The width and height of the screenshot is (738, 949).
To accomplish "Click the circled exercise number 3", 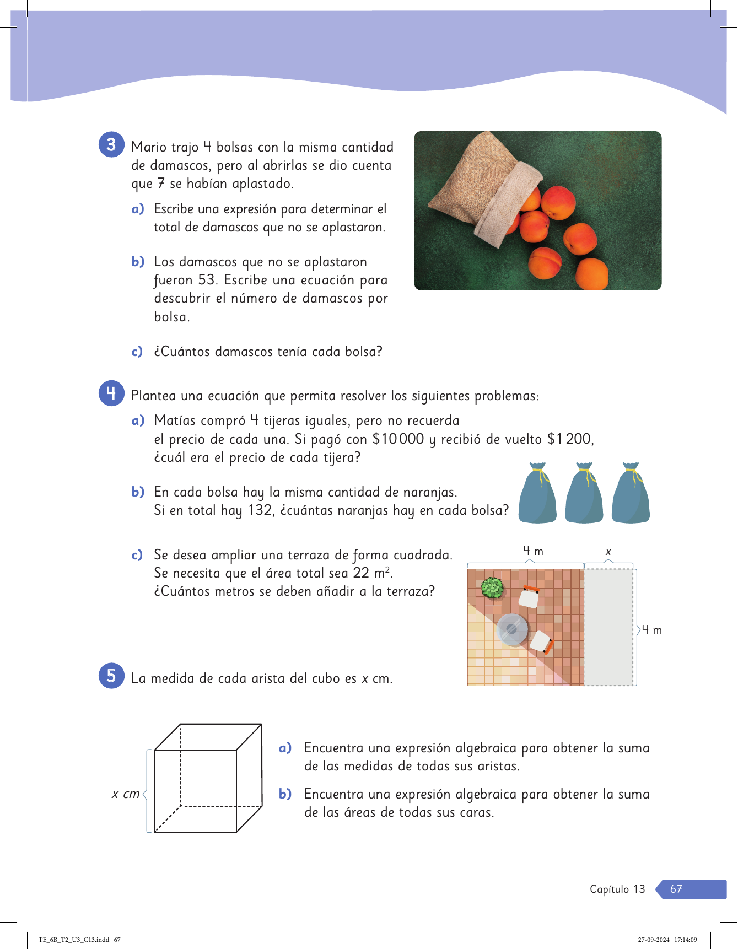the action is pos(111,145).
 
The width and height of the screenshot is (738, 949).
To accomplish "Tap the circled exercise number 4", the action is pos(111,393).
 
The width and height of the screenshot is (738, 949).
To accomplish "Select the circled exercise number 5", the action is pos(111,676).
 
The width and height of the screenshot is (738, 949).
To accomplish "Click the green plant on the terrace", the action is pos(492,587).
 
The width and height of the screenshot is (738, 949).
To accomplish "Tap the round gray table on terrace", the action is pos(513,629).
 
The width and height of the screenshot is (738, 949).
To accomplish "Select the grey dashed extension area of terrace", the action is pos(609,627).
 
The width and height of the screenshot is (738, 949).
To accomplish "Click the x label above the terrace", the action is pos(608,552).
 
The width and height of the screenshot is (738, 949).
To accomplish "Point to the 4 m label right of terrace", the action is pos(651,629).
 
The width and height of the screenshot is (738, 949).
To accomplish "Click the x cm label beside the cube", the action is pos(126,794).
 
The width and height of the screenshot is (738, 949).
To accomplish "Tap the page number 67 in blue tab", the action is pos(676,889).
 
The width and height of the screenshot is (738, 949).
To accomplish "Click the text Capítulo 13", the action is pos(617,889).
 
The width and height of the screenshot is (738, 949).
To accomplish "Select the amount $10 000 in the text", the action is pos(398,439).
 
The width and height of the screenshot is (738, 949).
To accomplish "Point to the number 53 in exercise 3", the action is pos(207,280).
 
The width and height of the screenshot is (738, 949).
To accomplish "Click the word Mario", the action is pos(149,147).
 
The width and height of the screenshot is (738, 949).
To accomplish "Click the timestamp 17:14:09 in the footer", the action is pos(686,940).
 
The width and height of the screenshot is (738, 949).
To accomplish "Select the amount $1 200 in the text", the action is pos(570,439).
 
